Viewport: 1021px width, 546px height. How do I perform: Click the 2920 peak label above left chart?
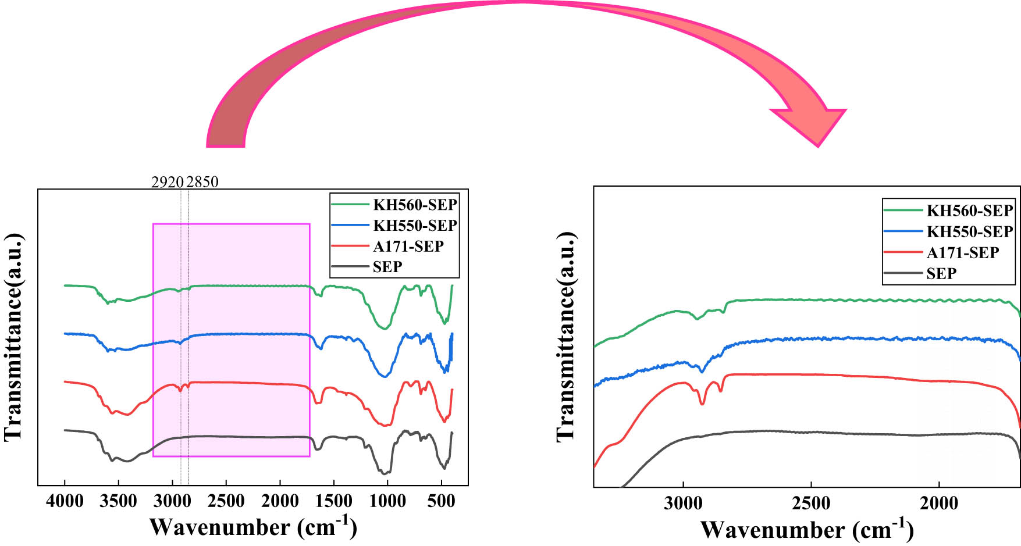[168, 182]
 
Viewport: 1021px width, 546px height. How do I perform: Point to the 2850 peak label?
[203, 182]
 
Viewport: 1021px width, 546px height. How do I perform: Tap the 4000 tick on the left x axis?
[65, 501]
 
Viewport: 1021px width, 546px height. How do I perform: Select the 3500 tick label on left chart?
[119, 501]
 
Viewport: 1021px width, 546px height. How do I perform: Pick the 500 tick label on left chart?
[442, 501]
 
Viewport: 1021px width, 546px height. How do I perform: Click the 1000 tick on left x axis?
[388, 501]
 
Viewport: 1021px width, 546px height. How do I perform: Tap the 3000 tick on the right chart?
[683, 503]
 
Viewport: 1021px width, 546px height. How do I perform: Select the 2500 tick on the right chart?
[811, 503]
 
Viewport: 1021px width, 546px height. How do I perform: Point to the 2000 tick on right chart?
[939, 503]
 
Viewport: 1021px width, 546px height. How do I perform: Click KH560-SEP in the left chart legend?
[415, 205]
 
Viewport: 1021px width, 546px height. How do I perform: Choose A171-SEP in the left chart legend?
[408, 247]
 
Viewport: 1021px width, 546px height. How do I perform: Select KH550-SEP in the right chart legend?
[969, 231]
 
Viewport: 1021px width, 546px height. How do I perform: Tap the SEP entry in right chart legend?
[941, 273]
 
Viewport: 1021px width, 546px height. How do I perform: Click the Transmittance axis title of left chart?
[14, 337]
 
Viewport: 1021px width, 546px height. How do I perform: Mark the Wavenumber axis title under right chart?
[807, 530]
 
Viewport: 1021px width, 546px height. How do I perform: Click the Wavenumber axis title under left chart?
[253, 527]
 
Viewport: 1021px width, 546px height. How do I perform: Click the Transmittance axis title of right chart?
[566, 337]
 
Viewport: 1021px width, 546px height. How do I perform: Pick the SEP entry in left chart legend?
[387, 267]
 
